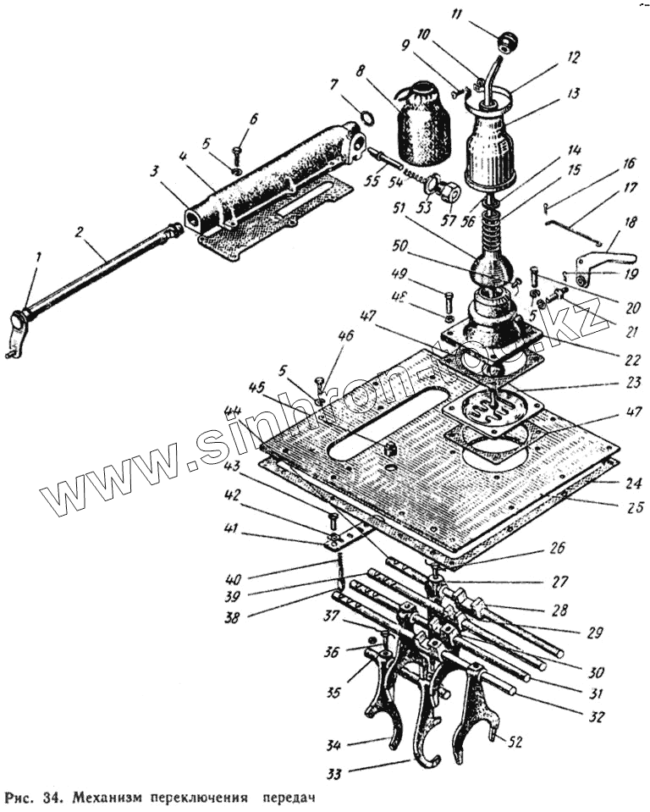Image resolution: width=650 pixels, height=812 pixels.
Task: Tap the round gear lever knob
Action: [x=508, y=41]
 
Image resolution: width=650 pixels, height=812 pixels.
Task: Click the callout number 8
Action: [x=361, y=74]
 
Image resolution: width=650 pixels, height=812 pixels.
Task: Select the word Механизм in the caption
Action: [x=107, y=798]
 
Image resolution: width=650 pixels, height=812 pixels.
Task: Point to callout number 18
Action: [x=628, y=222]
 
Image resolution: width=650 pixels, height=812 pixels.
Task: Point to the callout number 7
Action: [x=333, y=85]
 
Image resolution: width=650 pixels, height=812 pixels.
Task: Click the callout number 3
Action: [x=154, y=171]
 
